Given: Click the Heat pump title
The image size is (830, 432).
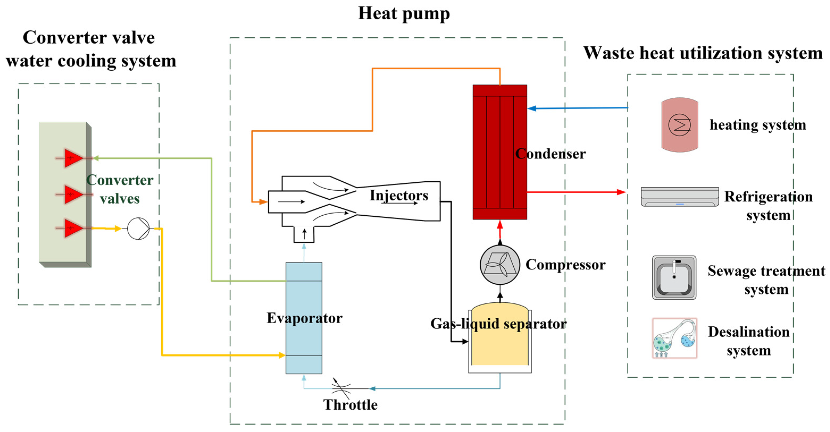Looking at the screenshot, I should pos(404,14).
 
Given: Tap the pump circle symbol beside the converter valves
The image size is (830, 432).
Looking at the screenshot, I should pos(138,229).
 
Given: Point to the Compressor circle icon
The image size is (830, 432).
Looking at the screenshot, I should pos(500,265).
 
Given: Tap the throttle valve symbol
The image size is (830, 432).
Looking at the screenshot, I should pos(341,388).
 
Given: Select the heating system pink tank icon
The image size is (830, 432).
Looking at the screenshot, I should pos(680,125).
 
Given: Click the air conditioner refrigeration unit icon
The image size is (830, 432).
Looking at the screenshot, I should pos(680,197).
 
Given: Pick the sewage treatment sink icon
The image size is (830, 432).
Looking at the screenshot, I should pos(674,277).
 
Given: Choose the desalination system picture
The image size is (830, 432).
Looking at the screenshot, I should pos(674,338).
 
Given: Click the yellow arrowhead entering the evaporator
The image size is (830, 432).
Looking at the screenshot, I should pos(281,355).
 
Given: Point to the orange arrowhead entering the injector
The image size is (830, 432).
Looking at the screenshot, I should pos(263,202).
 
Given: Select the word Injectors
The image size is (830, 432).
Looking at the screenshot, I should pos(399,195).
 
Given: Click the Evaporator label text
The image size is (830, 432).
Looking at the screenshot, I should pos(304,318).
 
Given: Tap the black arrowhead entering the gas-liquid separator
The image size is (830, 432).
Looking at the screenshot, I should pos(465,341).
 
